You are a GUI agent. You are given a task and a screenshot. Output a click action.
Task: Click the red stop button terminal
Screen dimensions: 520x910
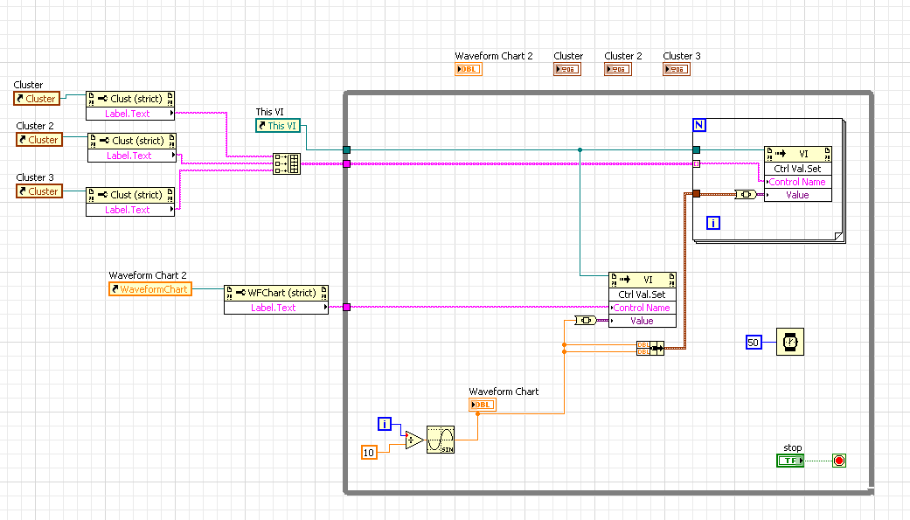(x=839, y=461)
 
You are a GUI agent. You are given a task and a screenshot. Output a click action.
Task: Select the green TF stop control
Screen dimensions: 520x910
(x=789, y=461)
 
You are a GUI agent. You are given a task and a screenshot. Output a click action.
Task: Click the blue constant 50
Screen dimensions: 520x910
(x=754, y=343)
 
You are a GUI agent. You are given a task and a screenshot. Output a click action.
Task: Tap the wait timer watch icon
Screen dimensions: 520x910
(x=789, y=343)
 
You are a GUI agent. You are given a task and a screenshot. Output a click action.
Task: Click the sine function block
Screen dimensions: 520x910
(x=441, y=440)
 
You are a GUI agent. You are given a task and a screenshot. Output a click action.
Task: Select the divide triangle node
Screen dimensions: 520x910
(x=413, y=440)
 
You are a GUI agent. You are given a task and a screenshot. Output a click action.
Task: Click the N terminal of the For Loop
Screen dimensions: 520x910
(x=699, y=125)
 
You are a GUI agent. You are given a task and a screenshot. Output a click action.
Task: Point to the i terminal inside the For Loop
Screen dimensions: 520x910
(x=713, y=224)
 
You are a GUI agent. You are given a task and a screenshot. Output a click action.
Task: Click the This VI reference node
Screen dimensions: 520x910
(x=277, y=126)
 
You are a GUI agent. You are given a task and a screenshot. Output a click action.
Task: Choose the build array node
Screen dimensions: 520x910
(x=287, y=163)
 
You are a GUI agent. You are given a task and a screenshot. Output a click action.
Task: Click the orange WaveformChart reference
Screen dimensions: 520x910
(x=149, y=289)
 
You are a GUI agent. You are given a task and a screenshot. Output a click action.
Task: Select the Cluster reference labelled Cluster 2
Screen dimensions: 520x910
(x=38, y=140)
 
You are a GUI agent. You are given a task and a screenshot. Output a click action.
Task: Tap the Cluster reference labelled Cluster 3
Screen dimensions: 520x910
(x=38, y=191)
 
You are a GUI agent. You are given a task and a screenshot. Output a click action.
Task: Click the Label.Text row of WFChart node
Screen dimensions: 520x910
(x=274, y=308)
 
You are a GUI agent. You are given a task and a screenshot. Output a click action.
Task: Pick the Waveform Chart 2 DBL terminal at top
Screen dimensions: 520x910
(x=469, y=69)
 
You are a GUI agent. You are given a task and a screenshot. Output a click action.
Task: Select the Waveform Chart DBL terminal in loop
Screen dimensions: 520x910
(x=482, y=405)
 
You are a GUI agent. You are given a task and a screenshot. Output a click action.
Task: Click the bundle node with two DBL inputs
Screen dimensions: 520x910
(x=650, y=348)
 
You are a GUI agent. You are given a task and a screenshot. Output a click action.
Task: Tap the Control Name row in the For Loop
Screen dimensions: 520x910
(x=797, y=182)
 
